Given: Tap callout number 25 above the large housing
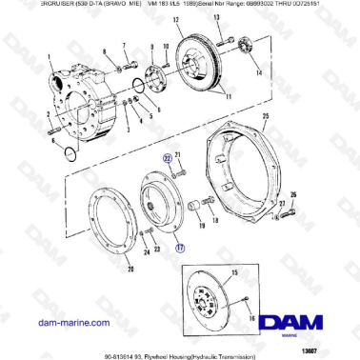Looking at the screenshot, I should click(x=265, y=115).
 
